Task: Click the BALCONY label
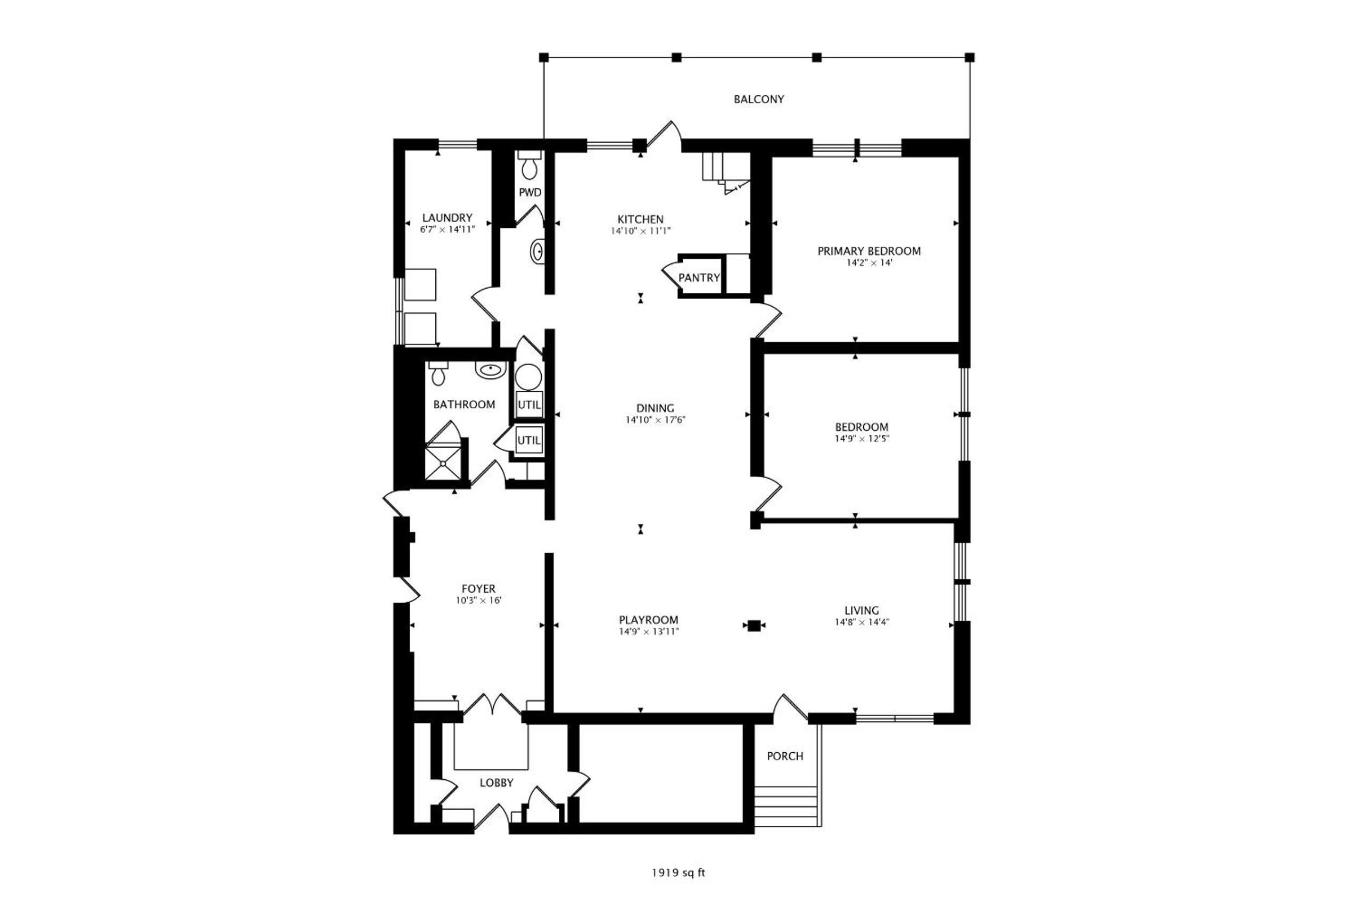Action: (759, 99)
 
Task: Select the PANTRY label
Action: (699, 277)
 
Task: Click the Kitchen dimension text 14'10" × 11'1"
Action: (640, 231)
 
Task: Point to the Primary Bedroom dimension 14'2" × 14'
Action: (870, 262)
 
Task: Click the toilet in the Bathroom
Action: (439, 373)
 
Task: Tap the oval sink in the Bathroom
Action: (491, 369)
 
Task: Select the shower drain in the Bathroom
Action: (443, 462)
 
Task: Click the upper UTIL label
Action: (529, 405)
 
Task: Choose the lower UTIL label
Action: (529, 440)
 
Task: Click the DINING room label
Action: (655, 408)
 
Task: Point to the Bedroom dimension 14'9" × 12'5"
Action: (862, 439)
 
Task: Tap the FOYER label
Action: (478, 589)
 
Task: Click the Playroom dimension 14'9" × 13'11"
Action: (649, 631)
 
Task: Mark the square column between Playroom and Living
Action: (753, 625)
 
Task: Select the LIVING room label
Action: (862, 610)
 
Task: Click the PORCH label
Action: (784, 755)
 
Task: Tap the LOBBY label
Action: (496, 783)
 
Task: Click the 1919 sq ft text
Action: (678, 873)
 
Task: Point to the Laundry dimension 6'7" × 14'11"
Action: (447, 229)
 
